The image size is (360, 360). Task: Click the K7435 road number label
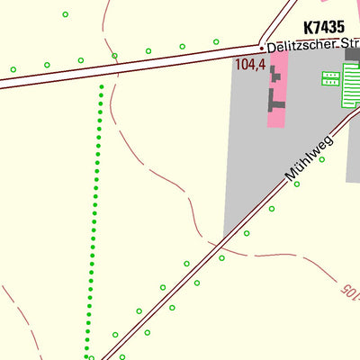[325, 28]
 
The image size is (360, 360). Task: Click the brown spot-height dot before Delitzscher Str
[262, 47]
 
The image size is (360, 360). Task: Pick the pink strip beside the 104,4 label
[278, 90]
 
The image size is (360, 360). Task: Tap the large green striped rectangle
[351, 85]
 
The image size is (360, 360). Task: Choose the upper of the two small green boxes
[329, 75]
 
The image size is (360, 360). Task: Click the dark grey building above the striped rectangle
[352, 55]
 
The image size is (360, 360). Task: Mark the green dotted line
[94, 216]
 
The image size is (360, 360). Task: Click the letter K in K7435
[309, 28]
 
